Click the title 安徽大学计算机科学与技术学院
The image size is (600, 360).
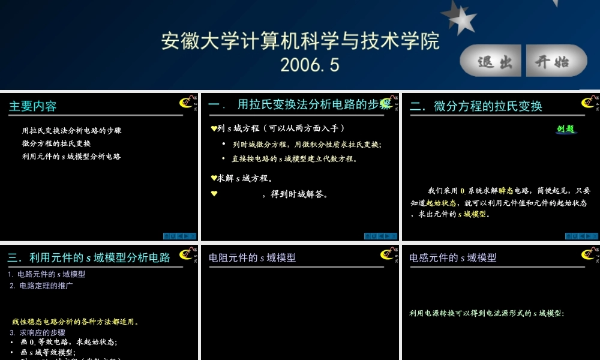pyautogui.click(x=300, y=41)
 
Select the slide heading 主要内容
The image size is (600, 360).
pyautogui.click(x=33, y=106)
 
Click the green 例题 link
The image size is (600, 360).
pyautogui.click(x=566, y=128)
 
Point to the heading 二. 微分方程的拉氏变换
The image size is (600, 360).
pyautogui.click(x=476, y=106)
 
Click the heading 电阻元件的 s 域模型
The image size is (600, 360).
pyautogui.click(x=253, y=257)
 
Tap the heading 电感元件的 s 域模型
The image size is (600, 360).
pyautogui.click(x=453, y=257)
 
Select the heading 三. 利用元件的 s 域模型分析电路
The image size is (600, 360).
pyautogui.click(x=89, y=257)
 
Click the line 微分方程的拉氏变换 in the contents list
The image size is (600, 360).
pyautogui.click(x=56, y=143)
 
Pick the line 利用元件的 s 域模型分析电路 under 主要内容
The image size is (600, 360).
pyautogui.click(x=71, y=157)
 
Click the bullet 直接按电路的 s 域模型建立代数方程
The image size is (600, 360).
pyautogui.click(x=295, y=159)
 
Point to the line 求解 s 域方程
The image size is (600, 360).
pyautogui.click(x=243, y=178)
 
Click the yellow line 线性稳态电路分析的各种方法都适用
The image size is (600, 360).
pyautogui.click(x=76, y=322)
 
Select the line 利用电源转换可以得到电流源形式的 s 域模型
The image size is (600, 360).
pyautogui.click(x=487, y=313)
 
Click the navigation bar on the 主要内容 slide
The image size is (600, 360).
pyautogui.click(x=179, y=236)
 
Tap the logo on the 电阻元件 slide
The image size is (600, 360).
pyautogui.click(x=387, y=254)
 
